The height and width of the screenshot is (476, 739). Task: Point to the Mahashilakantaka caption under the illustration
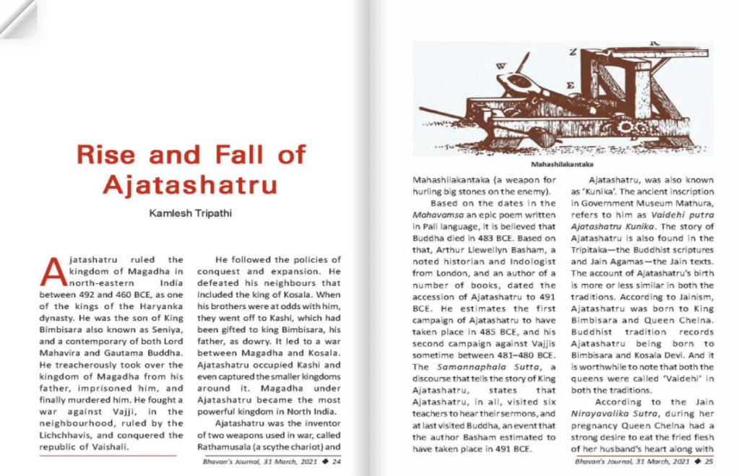[x=562, y=165]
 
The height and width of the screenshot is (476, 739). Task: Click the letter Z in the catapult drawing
[x=573, y=52]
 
